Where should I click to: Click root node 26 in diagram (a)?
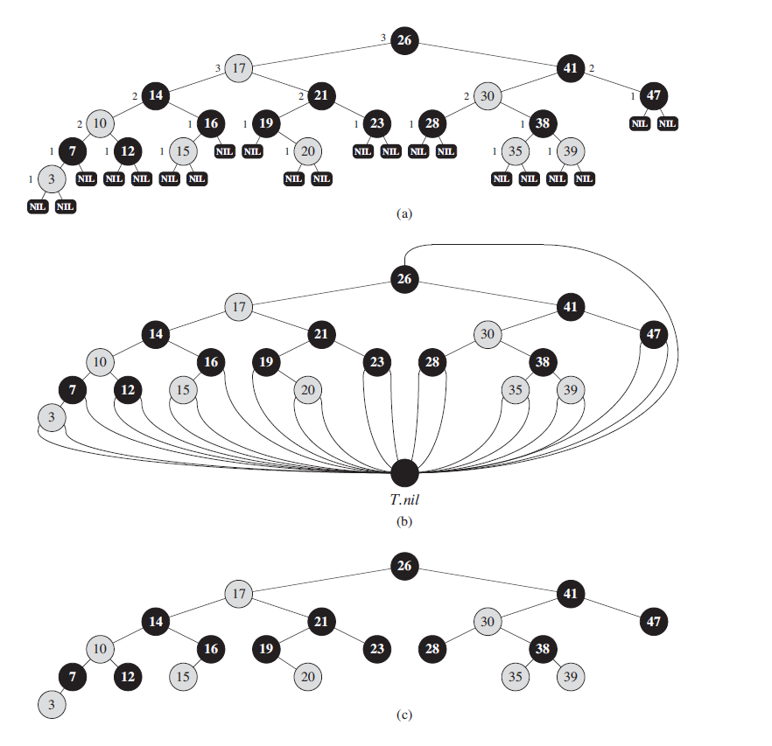coord(404,39)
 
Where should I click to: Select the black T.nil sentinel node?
coord(404,472)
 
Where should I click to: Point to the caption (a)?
coord(404,213)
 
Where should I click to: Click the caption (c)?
coord(404,715)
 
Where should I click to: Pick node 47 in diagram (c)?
coord(653,622)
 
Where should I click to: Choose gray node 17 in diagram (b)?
coord(238,307)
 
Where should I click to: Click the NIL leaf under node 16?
coord(224,151)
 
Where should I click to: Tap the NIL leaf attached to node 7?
coord(86,178)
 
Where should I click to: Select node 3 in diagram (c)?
coord(52,704)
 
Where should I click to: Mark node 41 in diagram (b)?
coord(571,307)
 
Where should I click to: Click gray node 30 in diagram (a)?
coord(488,95)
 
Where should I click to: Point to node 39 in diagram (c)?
coord(570,676)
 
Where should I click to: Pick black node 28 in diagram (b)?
coord(432,361)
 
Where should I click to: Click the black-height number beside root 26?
coord(382,37)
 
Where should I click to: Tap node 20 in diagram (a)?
coord(306,150)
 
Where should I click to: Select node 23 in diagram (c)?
coord(376,649)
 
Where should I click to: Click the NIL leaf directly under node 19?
coord(252,151)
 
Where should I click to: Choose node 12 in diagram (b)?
coord(128,388)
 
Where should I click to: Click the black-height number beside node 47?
coord(633,94)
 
